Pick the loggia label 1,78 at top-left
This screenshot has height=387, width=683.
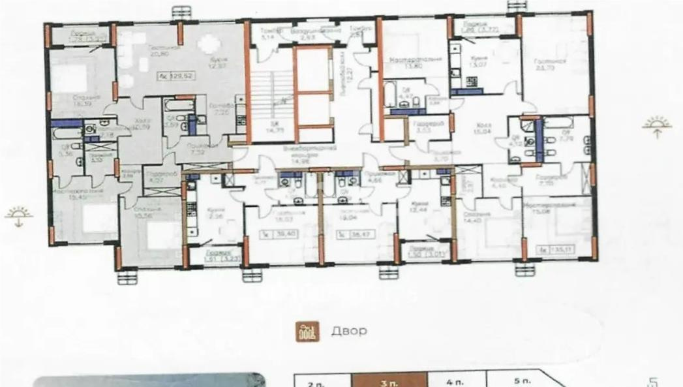[87, 37]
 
